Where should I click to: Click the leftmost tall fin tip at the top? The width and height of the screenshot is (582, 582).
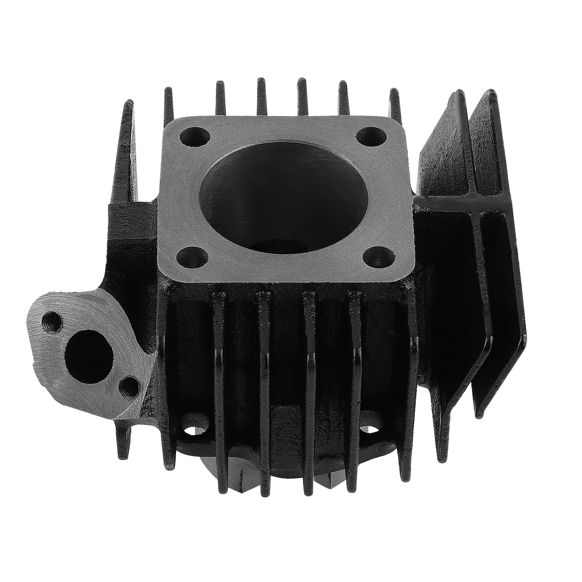pyautogui.click(x=128, y=109)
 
